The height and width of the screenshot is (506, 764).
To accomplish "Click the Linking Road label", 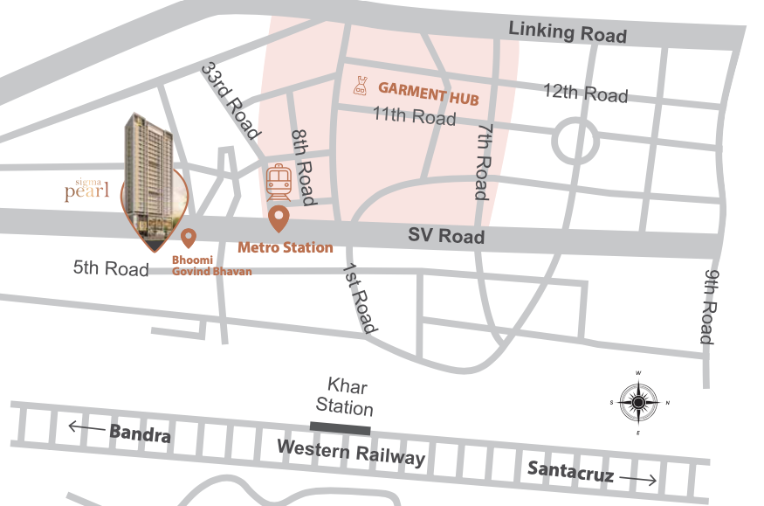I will [x=568, y=31].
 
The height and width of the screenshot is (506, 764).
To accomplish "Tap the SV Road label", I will [x=447, y=236].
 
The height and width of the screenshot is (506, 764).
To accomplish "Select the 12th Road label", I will [x=585, y=93].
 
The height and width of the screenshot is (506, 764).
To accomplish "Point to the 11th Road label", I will [x=414, y=116].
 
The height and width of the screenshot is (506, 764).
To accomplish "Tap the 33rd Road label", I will [x=231, y=101].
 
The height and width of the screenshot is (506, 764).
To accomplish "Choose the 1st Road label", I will [x=361, y=298].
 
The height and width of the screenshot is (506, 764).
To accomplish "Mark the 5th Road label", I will [x=111, y=268].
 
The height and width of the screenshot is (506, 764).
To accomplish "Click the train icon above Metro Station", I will [x=279, y=182].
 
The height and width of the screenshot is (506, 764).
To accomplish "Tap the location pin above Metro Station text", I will [x=279, y=218].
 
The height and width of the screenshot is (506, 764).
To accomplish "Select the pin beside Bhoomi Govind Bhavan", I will [x=188, y=237].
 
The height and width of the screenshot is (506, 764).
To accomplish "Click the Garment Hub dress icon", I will [x=359, y=86].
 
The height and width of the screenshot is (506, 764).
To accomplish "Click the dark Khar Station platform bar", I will [x=341, y=427].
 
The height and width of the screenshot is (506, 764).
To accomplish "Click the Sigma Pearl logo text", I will [x=86, y=190].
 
